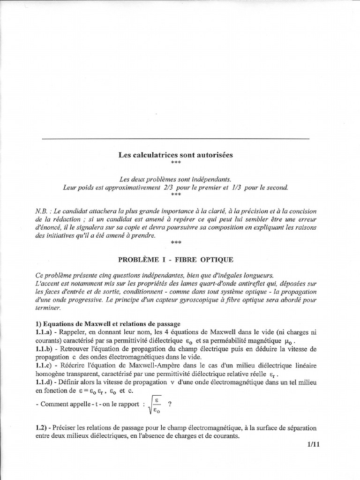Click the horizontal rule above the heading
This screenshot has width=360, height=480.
click(x=175, y=139)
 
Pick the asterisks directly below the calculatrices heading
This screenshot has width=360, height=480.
click(x=175, y=162)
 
